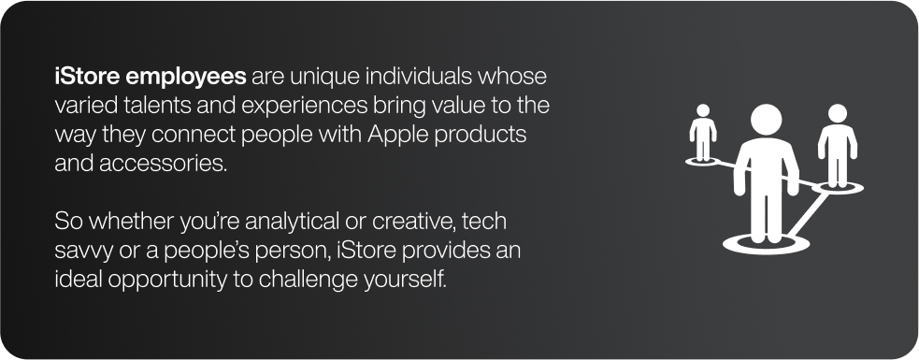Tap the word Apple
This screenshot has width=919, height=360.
(395, 136)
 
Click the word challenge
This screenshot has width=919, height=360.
(308, 280)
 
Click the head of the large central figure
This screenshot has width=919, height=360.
(766, 120)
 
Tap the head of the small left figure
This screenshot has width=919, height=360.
(703, 111)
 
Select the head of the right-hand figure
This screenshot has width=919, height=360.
(838, 114)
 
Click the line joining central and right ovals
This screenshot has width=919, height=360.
(809, 214)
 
